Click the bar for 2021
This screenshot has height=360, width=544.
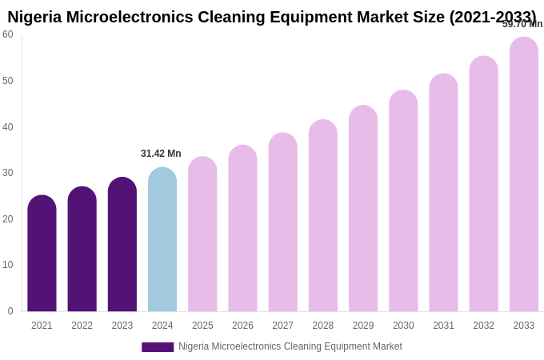(42, 254)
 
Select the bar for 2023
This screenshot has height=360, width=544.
(122, 245)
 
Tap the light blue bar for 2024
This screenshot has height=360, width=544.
(162, 240)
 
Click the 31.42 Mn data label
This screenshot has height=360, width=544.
(161, 154)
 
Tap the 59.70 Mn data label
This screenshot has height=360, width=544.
(522, 24)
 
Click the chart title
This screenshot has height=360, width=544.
(272, 17)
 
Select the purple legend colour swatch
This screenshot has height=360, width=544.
(158, 347)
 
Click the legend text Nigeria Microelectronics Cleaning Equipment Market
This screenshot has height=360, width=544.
(290, 346)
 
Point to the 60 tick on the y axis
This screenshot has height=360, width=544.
(8, 34)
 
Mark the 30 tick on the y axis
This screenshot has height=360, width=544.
(8, 173)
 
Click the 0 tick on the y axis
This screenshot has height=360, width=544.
(10, 311)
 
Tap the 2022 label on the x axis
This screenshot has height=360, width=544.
(82, 326)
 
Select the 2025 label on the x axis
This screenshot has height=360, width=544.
(202, 326)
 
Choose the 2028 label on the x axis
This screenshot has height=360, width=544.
(323, 326)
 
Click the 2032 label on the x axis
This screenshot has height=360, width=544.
(483, 326)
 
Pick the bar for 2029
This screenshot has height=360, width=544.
(363, 209)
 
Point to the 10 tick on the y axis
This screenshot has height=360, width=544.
(8, 265)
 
